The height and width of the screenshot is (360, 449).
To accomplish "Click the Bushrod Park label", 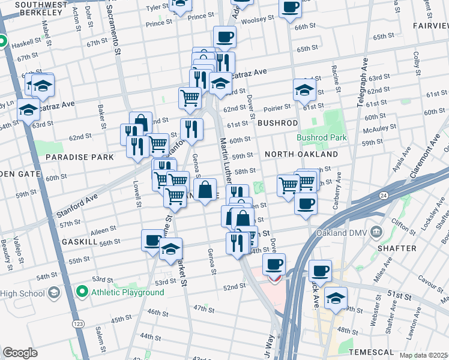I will [322, 137].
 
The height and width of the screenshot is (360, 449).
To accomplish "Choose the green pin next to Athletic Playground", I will [82, 292].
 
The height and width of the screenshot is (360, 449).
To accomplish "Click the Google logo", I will [20, 353].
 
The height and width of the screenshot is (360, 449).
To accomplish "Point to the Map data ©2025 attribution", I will [423, 355].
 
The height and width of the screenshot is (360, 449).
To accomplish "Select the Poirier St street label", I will [278, 106].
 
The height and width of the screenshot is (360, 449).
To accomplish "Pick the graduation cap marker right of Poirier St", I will [304, 90].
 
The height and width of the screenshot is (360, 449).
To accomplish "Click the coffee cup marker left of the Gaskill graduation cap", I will [152, 241].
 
